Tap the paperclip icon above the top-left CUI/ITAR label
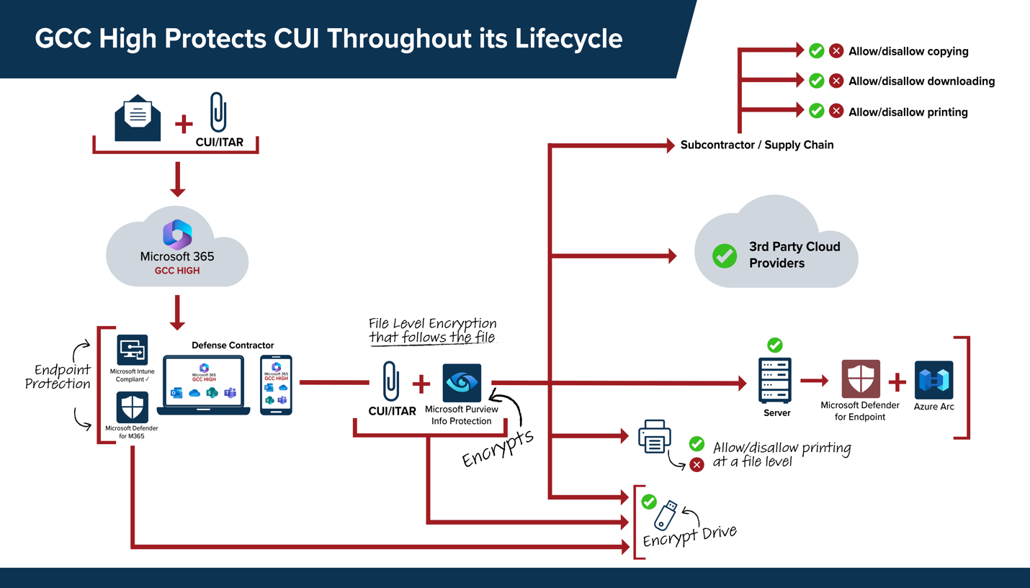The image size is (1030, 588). point(218,112)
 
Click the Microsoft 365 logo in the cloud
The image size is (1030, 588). point(177,234)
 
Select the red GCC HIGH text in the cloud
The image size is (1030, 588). point(177,271)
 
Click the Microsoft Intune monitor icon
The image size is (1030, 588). point(133,350)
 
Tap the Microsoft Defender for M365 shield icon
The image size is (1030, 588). point(133,407)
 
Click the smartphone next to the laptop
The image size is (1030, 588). point(276,384)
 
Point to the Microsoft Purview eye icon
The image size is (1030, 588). point(462,383)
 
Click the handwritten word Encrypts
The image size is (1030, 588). point(498,448)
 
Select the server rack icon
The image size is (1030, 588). point(775,381)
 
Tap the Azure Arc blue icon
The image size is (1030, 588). point(934,380)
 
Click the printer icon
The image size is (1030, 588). point(654,437)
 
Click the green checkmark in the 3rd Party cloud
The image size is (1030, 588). point(725,255)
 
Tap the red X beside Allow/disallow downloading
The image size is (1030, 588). point(836,81)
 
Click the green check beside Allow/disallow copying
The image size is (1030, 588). point(816,50)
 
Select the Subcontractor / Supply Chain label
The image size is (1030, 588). point(757,145)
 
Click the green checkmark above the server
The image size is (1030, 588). point(775,345)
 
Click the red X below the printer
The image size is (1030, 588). point(697,464)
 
